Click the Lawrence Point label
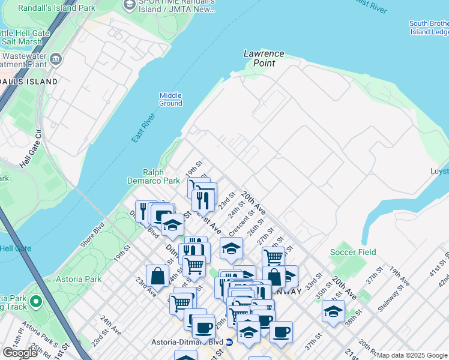pyautogui.click(x=264, y=58)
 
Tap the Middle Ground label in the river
pyautogui.click(x=170, y=99)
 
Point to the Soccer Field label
pyautogui.click(x=353, y=252)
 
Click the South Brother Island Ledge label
pyautogui.click(x=429, y=28)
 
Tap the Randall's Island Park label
pyautogui.click(x=48, y=8)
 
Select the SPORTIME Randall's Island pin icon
pyautogui.click(x=129, y=5)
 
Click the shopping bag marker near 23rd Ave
pyautogui.click(x=157, y=276)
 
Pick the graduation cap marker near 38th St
pyautogui.click(x=333, y=311)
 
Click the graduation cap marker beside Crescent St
pyautogui.click(x=231, y=248)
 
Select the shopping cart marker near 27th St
pyautogui.click(x=273, y=257)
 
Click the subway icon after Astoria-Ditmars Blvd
pyautogui.click(x=229, y=342)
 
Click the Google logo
pyautogui.click(x=20, y=353)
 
